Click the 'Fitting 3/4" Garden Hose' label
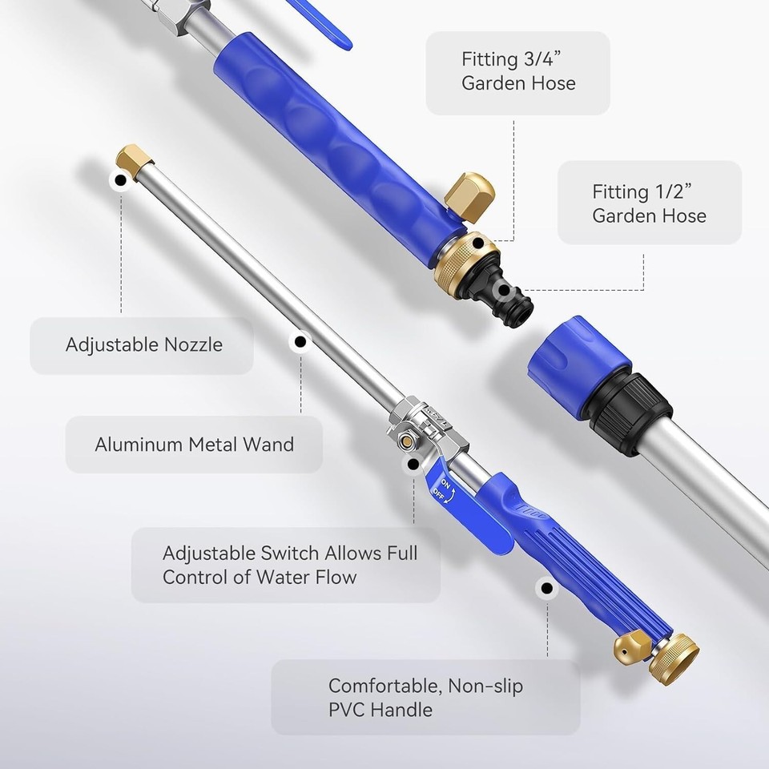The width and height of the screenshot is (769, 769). tap(517, 71)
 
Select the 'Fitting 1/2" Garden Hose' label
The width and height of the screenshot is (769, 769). tap(649, 203)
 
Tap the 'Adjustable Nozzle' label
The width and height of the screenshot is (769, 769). tap(143, 345)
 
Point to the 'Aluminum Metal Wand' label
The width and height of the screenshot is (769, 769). tap(194, 444)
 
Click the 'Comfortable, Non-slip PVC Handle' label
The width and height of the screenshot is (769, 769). tap(425, 697)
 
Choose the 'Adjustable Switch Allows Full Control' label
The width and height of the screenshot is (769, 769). tap(289, 565)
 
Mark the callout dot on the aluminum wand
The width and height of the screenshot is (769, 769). tap(300, 342)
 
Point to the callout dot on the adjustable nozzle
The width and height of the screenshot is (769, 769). tap(121, 181)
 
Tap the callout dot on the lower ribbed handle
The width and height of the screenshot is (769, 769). tap(547, 589)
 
